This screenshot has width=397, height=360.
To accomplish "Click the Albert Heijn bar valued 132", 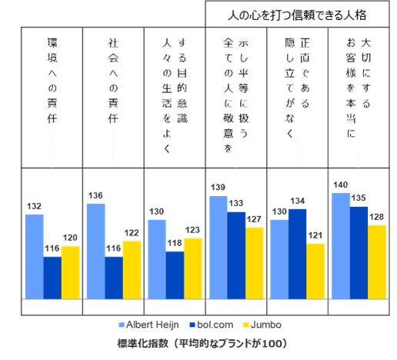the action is (x=35, y=257).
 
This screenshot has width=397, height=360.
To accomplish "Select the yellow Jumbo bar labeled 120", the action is (x=71, y=272).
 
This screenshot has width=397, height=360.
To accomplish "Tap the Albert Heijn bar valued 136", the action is (x=96, y=252).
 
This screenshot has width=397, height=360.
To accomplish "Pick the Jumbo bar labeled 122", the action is (x=132, y=270).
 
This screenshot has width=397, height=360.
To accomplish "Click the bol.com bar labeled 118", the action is (x=175, y=275).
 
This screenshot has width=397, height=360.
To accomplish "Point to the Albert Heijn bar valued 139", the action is (x=219, y=248).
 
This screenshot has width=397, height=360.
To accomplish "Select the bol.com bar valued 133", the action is (x=236, y=255).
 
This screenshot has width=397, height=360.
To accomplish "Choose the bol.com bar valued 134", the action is (x=298, y=254).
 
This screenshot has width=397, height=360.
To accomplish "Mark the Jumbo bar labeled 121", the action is (x=315, y=272).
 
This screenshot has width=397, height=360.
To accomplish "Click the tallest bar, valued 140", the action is (x=341, y=246).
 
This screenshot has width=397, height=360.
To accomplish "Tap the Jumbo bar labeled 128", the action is (x=377, y=262).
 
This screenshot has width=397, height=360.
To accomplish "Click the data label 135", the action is (x=359, y=198).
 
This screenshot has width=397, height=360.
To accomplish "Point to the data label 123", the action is (x=192, y=230).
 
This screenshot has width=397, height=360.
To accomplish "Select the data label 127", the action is (x=254, y=219).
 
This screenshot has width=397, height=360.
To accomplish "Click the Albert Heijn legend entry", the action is (x=149, y=325).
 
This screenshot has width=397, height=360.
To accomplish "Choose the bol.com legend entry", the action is (x=212, y=325).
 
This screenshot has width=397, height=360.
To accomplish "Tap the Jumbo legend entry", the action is (x=262, y=325).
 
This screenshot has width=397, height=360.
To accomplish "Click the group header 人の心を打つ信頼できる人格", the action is (x=297, y=15).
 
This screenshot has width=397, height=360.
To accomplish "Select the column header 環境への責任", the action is (x=52, y=81).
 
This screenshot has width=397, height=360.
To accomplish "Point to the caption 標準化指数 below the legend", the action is (x=142, y=343).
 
